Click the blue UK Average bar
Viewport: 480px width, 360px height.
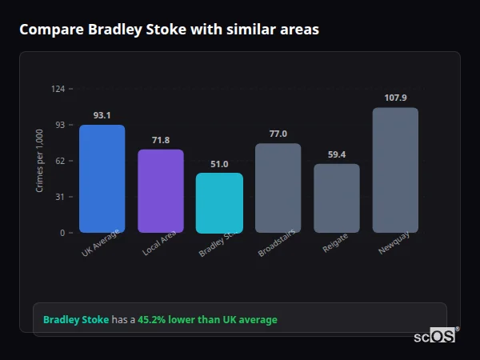point(102,178)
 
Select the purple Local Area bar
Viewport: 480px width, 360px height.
point(161,190)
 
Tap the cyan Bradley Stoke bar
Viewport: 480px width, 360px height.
point(219,202)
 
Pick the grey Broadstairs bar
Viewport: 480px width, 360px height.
point(278,188)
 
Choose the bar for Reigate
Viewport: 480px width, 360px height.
point(336,198)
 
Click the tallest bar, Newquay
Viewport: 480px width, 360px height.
point(395,170)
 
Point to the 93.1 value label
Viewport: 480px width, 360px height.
point(102,115)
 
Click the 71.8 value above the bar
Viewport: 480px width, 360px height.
point(161,140)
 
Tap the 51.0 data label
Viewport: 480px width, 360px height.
point(219,164)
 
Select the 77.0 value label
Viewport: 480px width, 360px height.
point(278,134)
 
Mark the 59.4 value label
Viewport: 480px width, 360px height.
point(336,154)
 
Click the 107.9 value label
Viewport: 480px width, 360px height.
point(395,98)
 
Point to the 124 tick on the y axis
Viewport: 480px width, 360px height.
point(58,89)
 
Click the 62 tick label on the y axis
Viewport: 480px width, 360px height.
point(60,161)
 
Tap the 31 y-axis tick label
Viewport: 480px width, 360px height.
point(60,197)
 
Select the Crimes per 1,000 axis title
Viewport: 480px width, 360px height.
point(39,161)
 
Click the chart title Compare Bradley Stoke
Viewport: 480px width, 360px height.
point(169,30)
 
